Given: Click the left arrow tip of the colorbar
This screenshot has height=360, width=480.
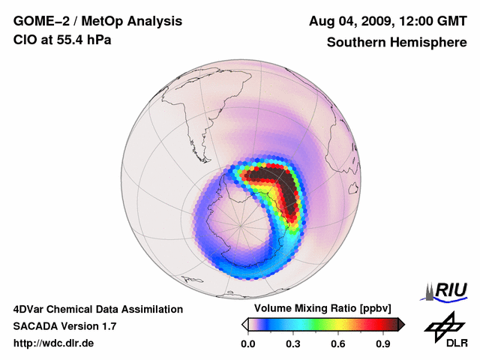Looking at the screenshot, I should (244, 324).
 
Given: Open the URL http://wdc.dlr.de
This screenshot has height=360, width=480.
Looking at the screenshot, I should (54, 343).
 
